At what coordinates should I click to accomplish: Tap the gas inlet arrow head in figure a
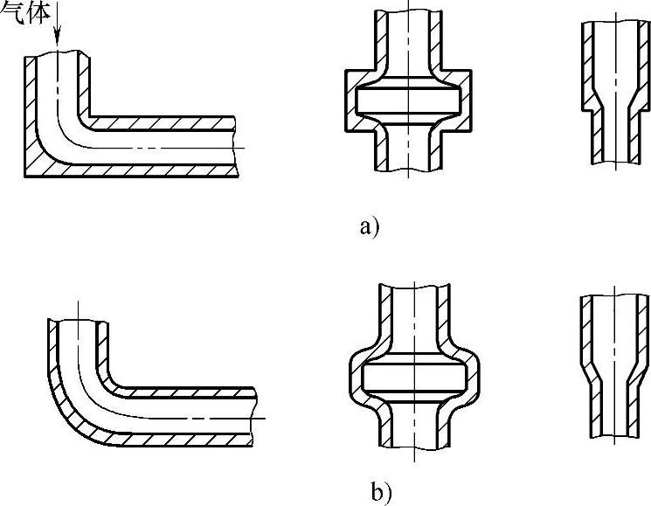click(55, 40)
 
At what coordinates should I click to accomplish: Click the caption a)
click(369, 228)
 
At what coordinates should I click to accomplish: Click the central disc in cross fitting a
click(408, 101)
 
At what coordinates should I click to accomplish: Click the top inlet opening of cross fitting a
click(408, 15)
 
